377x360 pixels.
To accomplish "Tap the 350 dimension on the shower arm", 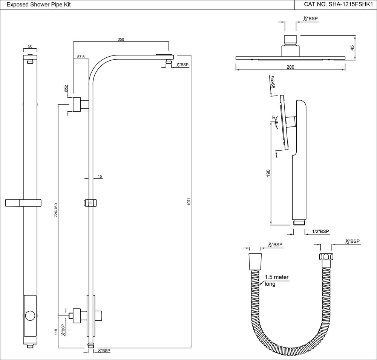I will click(121, 39).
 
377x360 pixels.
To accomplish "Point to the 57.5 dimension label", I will click(81, 57).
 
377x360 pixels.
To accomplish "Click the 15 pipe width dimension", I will click(100, 176).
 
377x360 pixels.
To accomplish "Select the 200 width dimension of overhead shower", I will click(290, 67).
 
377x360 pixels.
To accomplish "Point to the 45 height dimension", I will click(352, 48).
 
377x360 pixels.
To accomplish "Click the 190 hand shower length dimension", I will click(268, 174).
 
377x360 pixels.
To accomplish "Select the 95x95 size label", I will click(271, 82).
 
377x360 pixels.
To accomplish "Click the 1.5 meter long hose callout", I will click(276, 280).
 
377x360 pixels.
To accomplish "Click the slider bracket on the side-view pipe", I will click(91, 203).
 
